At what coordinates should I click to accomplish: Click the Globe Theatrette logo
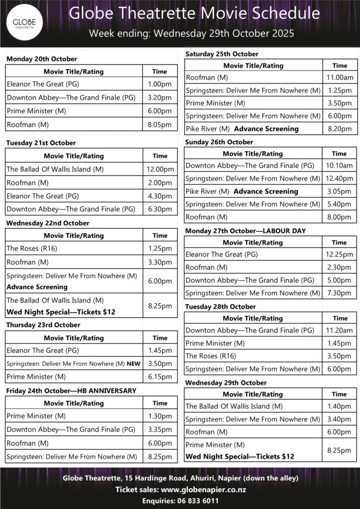coord(23,23)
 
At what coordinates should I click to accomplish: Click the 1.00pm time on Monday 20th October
coord(160,85)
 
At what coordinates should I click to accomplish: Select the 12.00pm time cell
coord(160,169)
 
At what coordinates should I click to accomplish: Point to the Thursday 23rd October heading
coord(43,325)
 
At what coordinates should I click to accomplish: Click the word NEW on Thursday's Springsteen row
coord(133,364)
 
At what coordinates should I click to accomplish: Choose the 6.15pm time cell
coord(160,377)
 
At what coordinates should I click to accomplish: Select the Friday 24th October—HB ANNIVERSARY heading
coord(71,391)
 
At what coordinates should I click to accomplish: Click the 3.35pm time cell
coord(160,429)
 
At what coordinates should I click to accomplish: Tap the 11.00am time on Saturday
coord(340,78)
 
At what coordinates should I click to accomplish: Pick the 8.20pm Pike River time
coord(340,129)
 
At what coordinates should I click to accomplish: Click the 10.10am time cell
coord(340,166)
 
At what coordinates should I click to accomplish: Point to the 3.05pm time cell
coord(340,191)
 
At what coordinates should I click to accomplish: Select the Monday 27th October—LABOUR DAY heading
coord(246,231)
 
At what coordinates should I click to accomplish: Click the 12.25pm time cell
coord(340,254)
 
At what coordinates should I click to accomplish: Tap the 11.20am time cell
coord(340,330)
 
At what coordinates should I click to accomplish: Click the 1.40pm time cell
coord(340,406)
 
